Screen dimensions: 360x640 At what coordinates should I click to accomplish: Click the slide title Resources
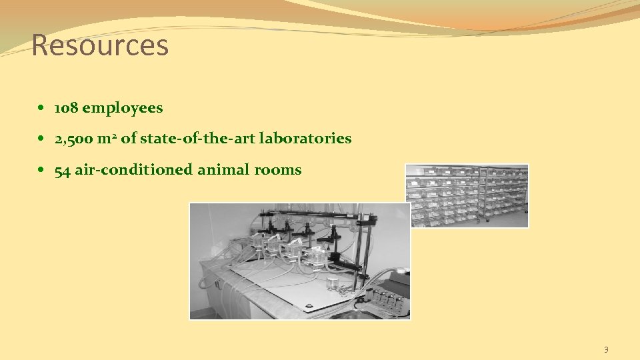[x=100, y=45]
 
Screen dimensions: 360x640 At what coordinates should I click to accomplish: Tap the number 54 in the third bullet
[x=62, y=171]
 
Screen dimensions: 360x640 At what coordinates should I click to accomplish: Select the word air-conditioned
[x=134, y=171]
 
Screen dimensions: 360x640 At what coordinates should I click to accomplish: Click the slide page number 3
[x=606, y=349]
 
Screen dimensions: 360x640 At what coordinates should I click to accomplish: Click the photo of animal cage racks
[x=467, y=195]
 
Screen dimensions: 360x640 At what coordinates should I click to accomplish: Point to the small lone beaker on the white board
[x=331, y=283]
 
